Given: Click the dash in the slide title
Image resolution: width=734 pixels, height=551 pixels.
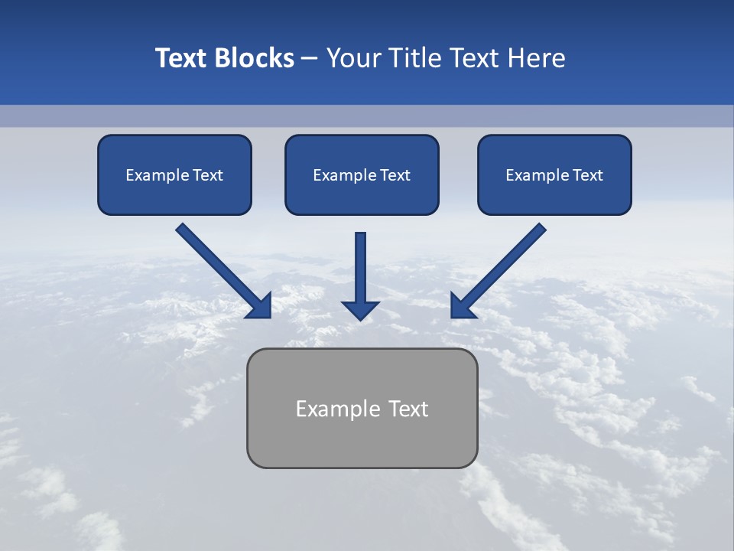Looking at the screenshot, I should click(310, 58).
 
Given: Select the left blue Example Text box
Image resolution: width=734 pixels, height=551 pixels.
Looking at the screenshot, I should click(174, 174).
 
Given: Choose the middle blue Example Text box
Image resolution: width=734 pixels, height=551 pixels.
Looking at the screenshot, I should click(362, 174).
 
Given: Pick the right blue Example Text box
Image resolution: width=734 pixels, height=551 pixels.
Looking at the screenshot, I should click(554, 174).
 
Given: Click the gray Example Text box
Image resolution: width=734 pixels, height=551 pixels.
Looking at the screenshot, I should click(362, 408).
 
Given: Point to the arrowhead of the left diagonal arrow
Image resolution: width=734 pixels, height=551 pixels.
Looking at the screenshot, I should click(260, 306).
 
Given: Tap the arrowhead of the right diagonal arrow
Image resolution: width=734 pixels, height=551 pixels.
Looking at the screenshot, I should click(462, 306).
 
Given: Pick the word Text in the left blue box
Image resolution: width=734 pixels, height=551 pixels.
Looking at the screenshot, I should click(207, 175).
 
